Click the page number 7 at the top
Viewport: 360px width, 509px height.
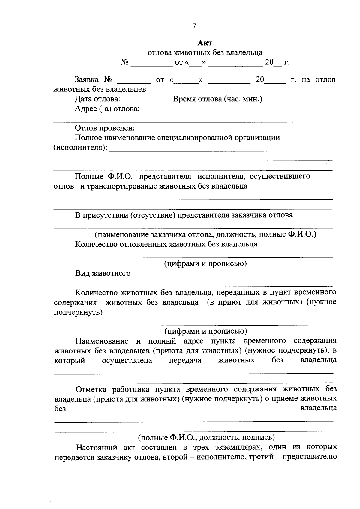click(194, 26)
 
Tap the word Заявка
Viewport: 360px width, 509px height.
click(87, 80)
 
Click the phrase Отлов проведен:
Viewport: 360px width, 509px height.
click(105, 128)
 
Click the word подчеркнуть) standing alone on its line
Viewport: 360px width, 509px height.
click(78, 312)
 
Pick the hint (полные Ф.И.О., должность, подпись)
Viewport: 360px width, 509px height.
click(206, 437)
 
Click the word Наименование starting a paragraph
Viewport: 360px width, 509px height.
click(102, 341)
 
